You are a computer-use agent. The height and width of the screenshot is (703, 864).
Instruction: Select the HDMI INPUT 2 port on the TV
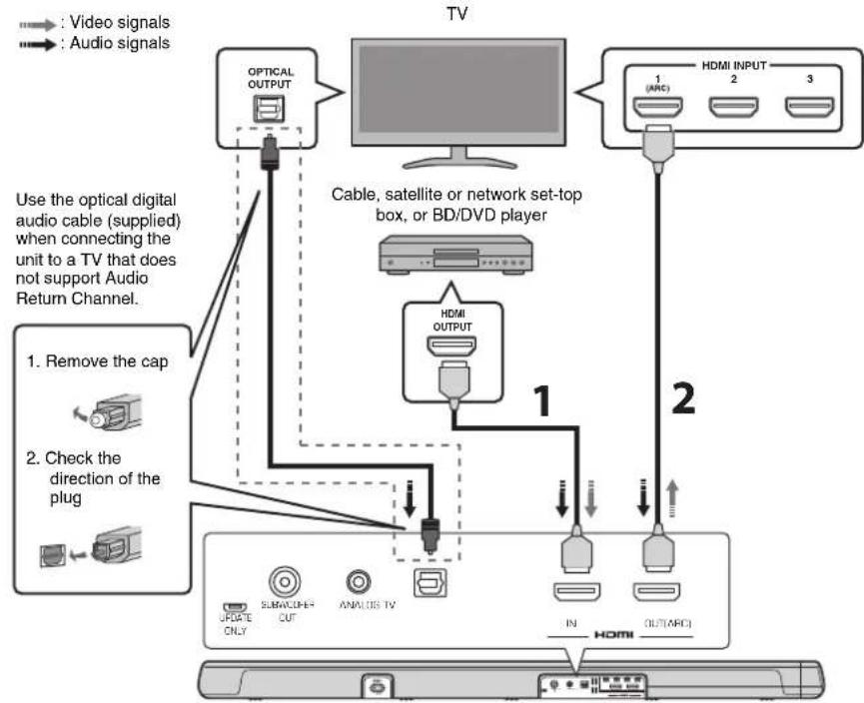click(732, 103)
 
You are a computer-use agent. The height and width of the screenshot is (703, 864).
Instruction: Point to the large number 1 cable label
click(538, 400)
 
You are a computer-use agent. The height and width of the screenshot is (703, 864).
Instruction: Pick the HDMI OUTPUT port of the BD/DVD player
click(451, 345)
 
